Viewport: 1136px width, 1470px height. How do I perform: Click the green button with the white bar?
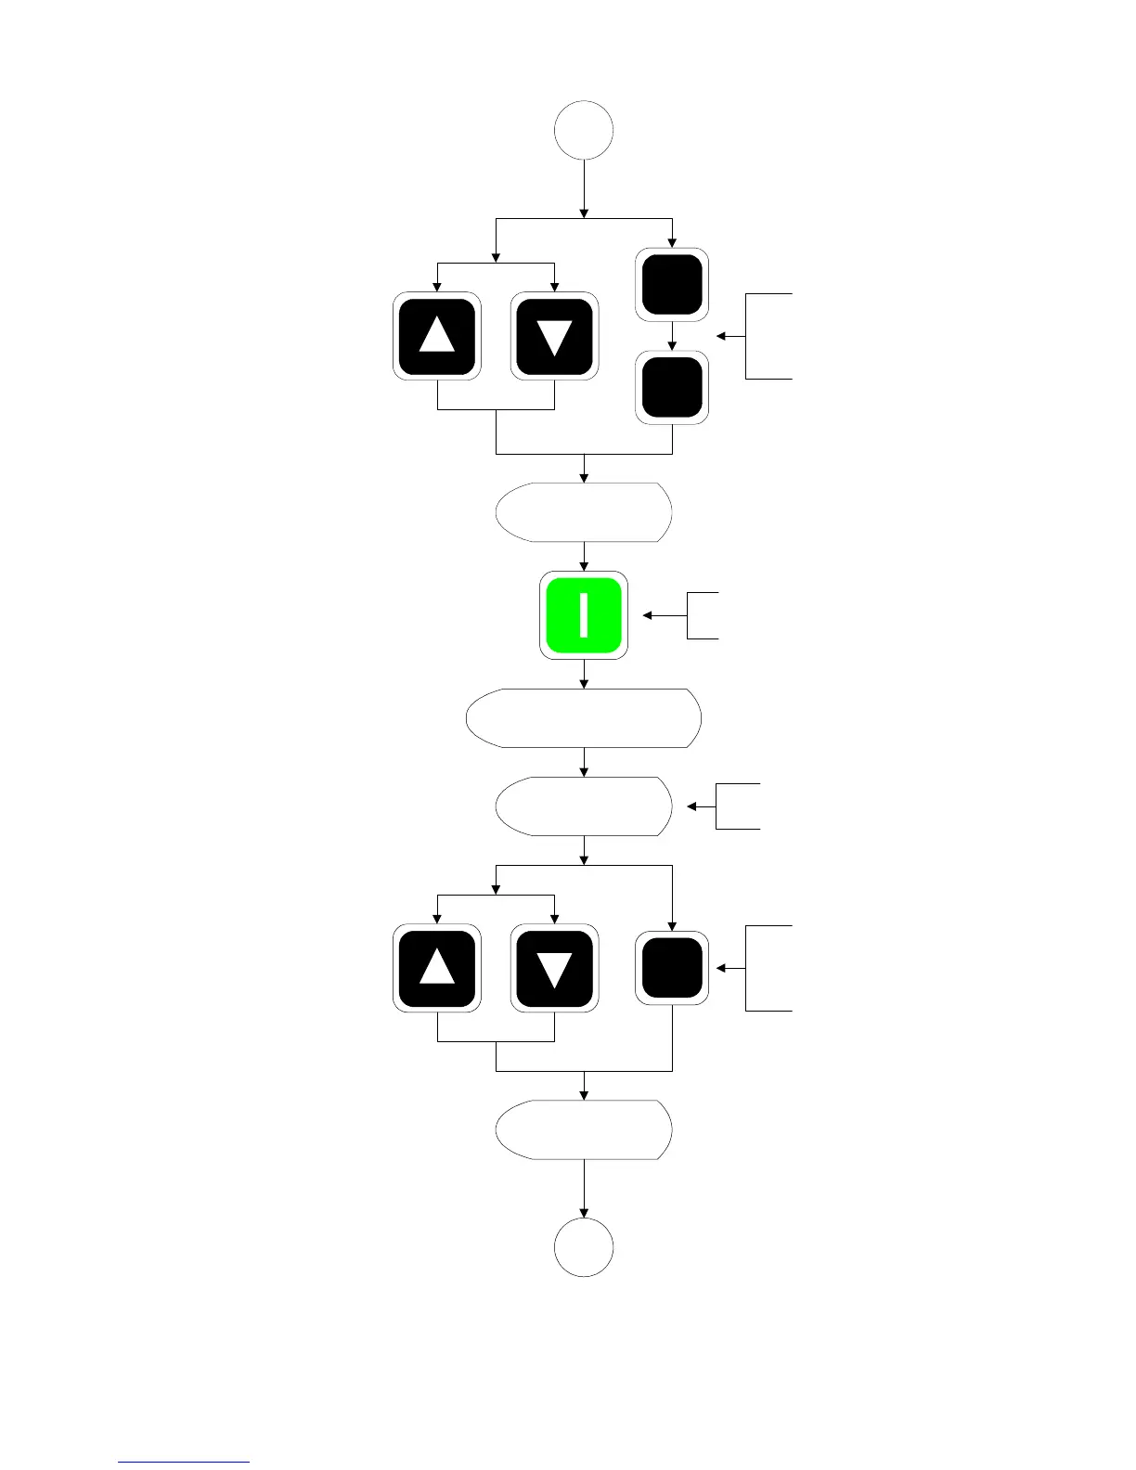pos(584,615)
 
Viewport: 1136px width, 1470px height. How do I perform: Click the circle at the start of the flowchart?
pos(584,131)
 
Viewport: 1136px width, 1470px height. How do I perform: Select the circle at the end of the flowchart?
pos(584,1248)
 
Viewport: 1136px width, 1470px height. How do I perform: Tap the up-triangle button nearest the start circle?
pos(437,335)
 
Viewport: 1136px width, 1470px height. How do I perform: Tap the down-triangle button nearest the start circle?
pos(554,335)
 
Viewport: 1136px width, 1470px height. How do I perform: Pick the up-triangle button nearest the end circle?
pos(437,968)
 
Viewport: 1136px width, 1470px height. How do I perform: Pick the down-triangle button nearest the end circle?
pos(554,968)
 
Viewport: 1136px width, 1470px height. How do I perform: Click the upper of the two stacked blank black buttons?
pos(672,284)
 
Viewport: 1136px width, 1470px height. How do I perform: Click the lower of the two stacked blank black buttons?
pos(672,387)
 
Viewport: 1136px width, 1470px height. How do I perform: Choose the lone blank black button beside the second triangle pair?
pos(672,968)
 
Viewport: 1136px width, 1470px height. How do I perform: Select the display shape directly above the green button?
pos(584,512)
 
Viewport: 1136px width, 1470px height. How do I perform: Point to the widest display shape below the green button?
pos(584,718)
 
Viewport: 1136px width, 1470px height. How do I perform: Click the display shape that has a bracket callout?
pos(584,806)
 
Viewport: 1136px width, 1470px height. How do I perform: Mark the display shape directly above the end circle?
pos(584,1130)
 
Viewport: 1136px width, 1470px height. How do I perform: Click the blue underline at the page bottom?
pos(184,1462)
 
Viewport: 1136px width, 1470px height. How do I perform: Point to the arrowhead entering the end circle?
pos(584,1212)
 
